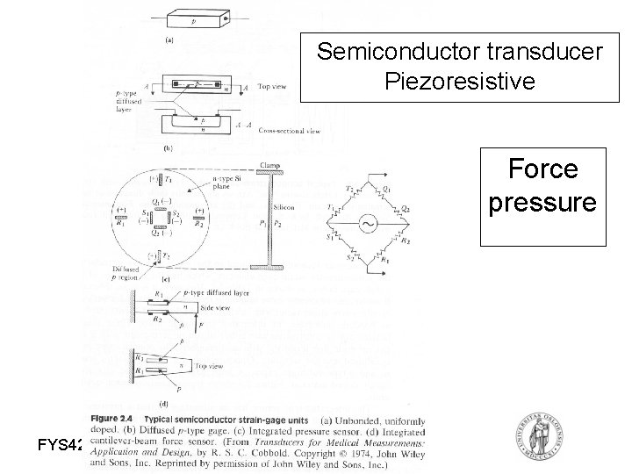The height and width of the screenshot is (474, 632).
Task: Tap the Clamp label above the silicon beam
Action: click(x=270, y=165)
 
